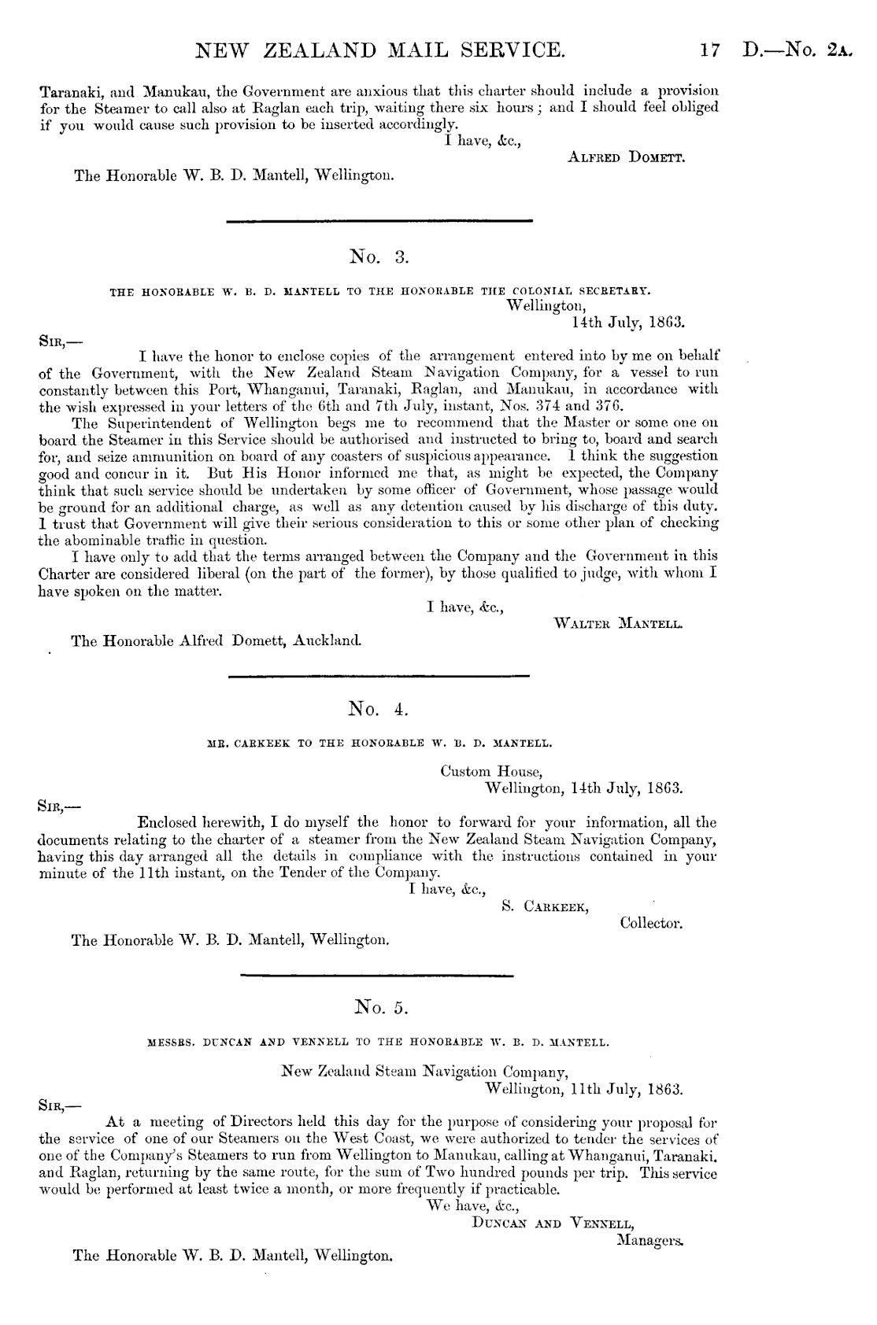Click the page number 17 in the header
(x=709, y=52)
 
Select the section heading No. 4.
(x=379, y=710)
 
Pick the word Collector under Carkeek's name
(x=651, y=923)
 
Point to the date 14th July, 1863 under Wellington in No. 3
(x=627, y=321)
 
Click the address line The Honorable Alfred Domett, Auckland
(x=216, y=641)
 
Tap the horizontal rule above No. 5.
(x=376, y=976)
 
